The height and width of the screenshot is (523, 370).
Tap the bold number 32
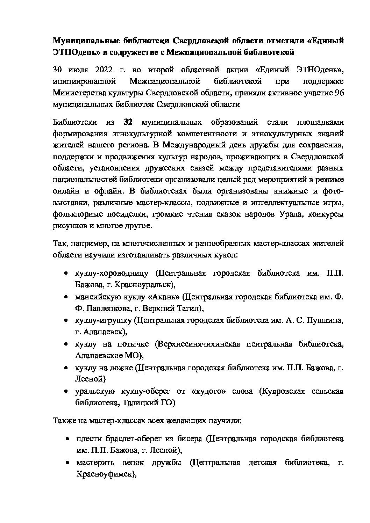click(128, 122)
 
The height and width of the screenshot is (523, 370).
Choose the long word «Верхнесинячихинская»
click(199, 344)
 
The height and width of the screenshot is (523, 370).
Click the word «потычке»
click(131, 344)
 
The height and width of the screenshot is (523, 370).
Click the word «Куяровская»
click(282, 391)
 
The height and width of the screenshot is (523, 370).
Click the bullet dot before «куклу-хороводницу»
click(66, 274)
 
